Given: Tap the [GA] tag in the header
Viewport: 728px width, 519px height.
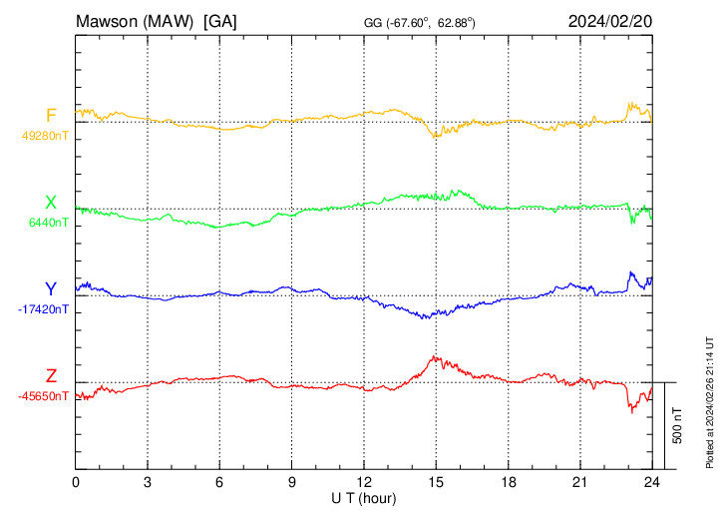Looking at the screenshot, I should (219, 21).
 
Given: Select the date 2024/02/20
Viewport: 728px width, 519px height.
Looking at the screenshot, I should (610, 21).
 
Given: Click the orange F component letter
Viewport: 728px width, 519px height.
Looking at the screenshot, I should (51, 115).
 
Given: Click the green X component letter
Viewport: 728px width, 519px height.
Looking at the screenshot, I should (51, 203).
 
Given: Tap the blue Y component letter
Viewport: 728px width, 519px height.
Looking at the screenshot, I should (51, 289).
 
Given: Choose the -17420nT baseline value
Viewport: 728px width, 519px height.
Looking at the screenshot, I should (42, 309).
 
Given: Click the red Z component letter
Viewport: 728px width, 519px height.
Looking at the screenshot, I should (51, 375).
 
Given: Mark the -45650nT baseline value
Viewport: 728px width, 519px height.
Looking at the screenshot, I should (42, 396).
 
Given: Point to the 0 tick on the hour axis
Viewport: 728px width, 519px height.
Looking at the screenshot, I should (76, 482).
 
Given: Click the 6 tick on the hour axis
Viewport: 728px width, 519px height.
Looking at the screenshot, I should (219, 482).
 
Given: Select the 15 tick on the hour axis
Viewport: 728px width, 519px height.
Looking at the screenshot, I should (435, 482).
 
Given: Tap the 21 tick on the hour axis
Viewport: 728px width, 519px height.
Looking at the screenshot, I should (578, 482).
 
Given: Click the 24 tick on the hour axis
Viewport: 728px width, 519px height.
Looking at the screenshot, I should (650, 482).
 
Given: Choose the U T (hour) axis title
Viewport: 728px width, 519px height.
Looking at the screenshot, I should (363, 497).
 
